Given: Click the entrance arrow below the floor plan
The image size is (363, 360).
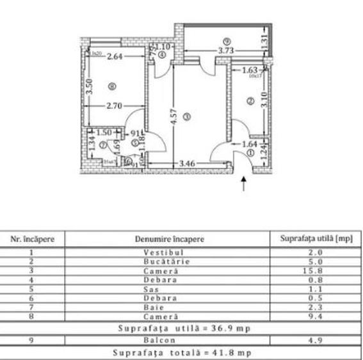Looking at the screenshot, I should (244, 184).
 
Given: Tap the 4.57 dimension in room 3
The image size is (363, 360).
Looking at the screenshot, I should (173, 117).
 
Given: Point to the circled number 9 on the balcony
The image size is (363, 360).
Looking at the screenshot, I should (227, 42).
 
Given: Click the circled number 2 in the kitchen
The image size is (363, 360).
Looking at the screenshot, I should (250, 100).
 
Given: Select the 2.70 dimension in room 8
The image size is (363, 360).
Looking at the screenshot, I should (113, 105).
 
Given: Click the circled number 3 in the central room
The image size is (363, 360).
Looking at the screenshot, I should (186, 116).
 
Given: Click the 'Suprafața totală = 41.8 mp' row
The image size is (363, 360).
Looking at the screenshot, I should (181, 352).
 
